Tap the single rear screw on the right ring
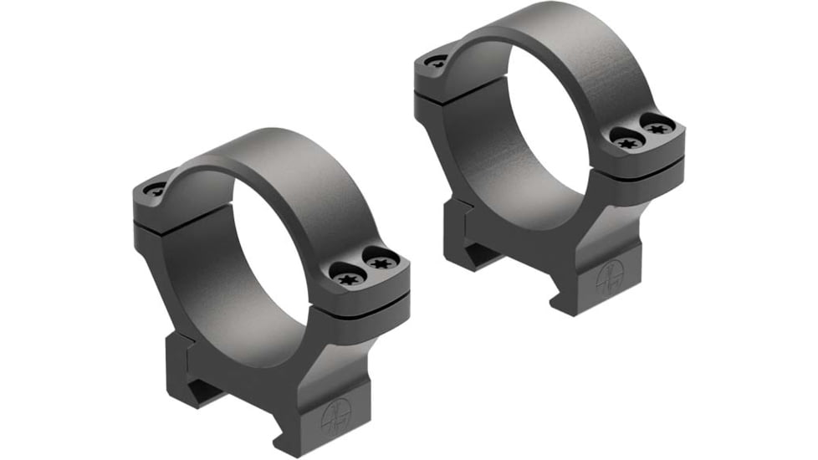[437, 60]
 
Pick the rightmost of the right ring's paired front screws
[658, 128]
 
